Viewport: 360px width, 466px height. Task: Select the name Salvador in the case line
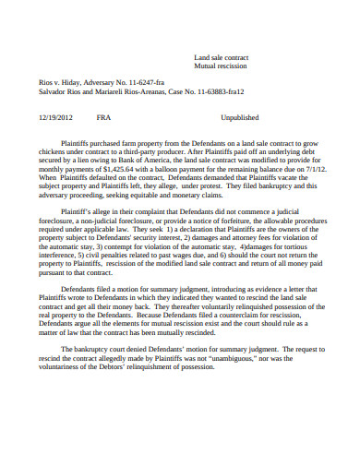[54, 91]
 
